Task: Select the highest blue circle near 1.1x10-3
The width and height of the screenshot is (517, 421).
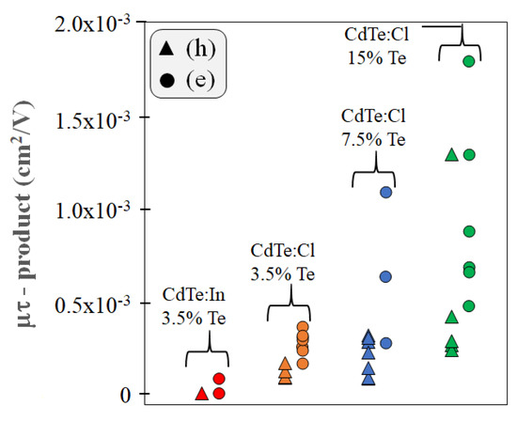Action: (x=385, y=192)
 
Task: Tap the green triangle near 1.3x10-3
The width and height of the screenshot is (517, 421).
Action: (x=451, y=154)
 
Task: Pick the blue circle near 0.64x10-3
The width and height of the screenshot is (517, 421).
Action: (x=385, y=276)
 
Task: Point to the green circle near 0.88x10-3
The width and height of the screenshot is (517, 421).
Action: (x=469, y=231)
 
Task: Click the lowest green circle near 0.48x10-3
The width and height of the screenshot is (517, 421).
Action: (x=469, y=305)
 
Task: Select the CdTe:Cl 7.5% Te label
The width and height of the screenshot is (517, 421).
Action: (x=375, y=128)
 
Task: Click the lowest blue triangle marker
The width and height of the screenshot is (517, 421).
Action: (x=368, y=379)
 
